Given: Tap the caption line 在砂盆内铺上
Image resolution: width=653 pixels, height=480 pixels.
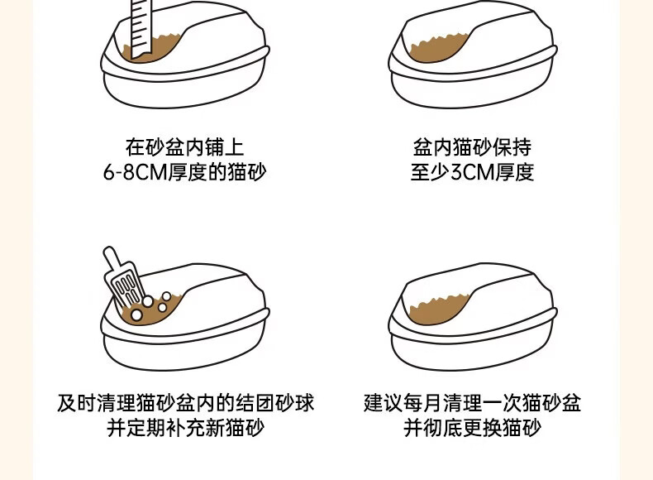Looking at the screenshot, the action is pyautogui.click(x=185, y=147).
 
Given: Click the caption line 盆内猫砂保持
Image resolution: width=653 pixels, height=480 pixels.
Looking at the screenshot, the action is pyautogui.click(x=472, y=147).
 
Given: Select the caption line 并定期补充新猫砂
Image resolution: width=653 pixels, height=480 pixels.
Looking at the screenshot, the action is pyautogui.click(x=185, y=428).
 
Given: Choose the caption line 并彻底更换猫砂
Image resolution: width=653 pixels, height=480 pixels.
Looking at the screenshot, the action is pyautogui.click(x=472, y=428).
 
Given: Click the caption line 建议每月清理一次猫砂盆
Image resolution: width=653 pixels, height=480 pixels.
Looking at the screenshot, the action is pyautogui.click(x=472, y=403).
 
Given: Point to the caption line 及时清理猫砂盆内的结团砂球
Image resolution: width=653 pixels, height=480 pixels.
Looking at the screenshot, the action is pyautogui.click(x=185, y=403).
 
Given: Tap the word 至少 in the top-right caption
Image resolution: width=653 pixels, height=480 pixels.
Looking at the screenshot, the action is pyautogui.click(x=431, y=172).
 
